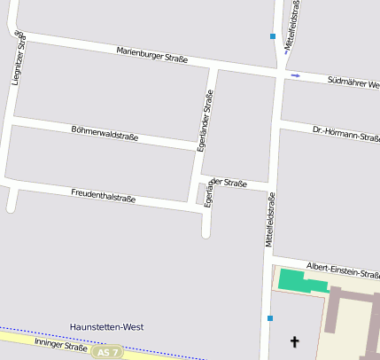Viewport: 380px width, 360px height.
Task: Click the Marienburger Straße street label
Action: click(x=152, y=55)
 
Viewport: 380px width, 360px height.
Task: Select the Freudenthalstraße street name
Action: click(x=103, y=194)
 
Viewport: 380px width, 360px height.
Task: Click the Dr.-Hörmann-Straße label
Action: click(x=346, y=134)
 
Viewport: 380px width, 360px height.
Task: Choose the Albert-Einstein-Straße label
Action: click(x=343, y=269)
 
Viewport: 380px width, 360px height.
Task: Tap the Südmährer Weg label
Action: click(x=353, y=83)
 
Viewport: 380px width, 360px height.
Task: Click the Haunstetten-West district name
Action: click(x=106, y=327)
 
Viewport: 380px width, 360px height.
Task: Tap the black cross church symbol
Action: click(x=295, y=340)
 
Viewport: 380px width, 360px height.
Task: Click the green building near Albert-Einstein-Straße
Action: click(x=301, y=281)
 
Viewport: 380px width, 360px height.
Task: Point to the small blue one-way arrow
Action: click(x=296, y=76)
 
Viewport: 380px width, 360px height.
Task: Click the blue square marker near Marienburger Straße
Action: click(x=273, y=36)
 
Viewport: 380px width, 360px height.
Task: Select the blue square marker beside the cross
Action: click(x=269, y=317)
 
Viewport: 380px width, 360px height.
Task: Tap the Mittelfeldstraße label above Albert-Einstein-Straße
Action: click(x=270, y=220)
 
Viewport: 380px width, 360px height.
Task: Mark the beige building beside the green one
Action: click(x=354, y=319)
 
